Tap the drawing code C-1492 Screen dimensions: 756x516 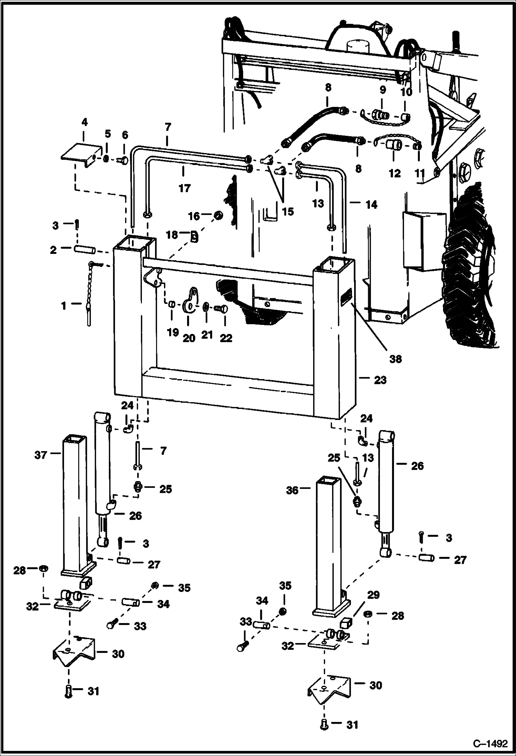coord(490,743)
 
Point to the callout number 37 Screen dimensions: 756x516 coord(41,455)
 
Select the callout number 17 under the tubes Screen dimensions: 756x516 coord(185,188)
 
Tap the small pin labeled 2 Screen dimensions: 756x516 coord(84,249)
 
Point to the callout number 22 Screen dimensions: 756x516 coord(226,338)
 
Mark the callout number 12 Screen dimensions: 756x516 coord(395,173)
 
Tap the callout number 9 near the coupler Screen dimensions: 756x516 coord(383,90)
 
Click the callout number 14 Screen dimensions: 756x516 coord(372,205)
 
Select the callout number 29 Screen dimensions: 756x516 coord(373,595)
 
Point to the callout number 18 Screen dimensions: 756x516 coord(173,235)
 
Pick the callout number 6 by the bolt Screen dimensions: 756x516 coord(125,135)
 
